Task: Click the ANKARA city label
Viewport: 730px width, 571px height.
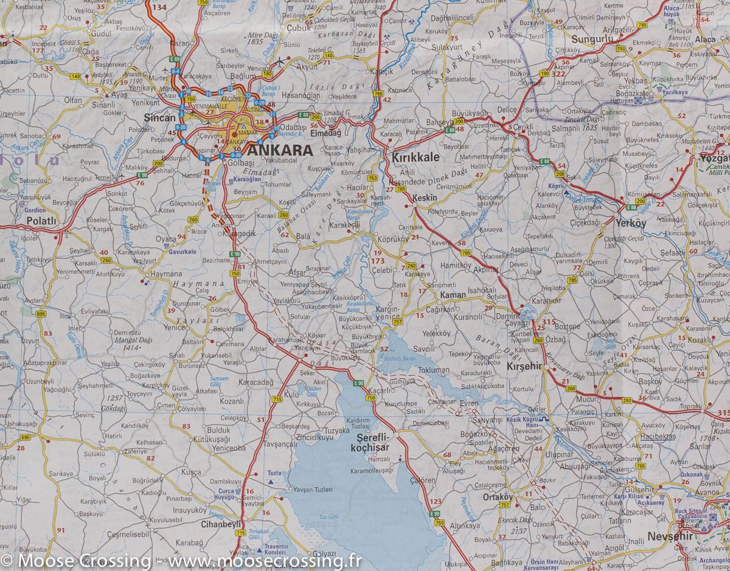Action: click(x=280, y=150)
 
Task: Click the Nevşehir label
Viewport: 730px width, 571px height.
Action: click(x=670, y=536)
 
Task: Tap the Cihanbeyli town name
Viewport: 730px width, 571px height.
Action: click(x=221, y=524)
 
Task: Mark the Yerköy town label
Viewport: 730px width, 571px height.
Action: click(x=631, y=223)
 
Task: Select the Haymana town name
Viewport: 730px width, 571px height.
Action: click(x=165, y=274)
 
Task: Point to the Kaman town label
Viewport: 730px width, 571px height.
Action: click(x=453, y=295)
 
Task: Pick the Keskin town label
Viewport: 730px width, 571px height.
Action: click(x=425, y=198)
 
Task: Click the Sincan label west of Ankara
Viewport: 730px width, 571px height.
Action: click(x=159, y=118)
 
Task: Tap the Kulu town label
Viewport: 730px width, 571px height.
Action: click(x=292, y=395)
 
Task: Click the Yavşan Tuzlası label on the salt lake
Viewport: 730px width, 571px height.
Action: click(x=313, y=490)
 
